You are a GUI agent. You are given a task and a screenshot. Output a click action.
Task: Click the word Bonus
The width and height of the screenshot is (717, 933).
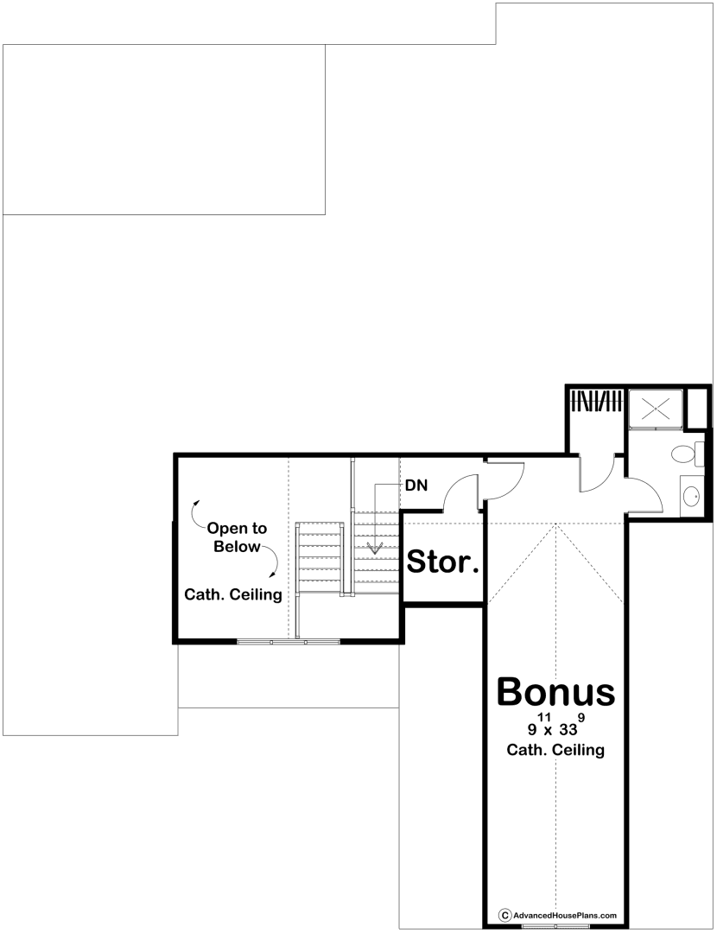[x=555, y=691]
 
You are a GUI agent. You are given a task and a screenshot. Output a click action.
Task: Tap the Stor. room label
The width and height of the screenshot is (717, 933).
[x=442, y=562]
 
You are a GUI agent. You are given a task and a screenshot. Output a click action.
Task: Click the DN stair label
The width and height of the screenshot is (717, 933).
[x=416, y=486]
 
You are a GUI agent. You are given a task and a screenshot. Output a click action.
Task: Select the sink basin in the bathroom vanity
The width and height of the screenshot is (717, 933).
[x=691, y=495]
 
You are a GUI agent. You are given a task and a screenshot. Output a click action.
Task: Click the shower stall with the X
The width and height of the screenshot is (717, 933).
[x=656, y=409]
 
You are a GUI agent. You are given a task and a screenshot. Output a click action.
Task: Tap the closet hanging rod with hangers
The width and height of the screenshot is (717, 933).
[x=595, y=400]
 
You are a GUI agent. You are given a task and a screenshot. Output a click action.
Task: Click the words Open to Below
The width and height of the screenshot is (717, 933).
[x=237, y=537]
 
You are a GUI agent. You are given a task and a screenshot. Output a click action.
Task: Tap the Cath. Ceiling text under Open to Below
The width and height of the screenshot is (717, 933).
[x=233, y=594]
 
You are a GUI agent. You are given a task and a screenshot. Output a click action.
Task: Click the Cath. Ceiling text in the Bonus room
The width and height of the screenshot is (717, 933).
[x=555, y=750]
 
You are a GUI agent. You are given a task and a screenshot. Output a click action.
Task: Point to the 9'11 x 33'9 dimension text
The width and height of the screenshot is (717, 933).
[x=555, y=726]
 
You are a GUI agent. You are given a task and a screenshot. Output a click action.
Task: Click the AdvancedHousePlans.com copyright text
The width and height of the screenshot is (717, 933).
[x=557, y=915]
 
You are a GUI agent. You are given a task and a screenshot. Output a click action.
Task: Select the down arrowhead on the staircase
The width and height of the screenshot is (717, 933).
[x=375, y=548]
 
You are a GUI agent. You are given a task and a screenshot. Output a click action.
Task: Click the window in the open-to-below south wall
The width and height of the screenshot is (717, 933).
[x=289, y=641]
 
